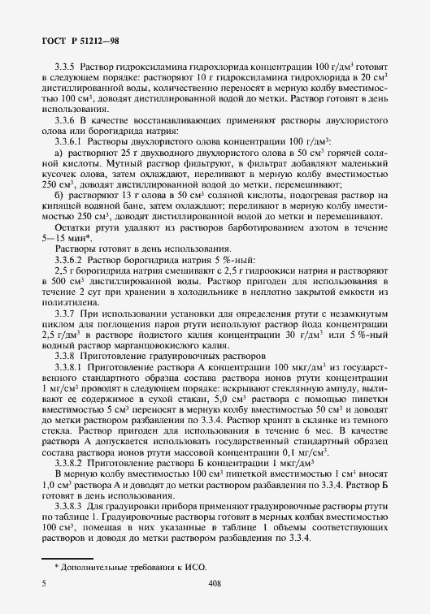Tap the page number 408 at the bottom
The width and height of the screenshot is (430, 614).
(x=215, y=583)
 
